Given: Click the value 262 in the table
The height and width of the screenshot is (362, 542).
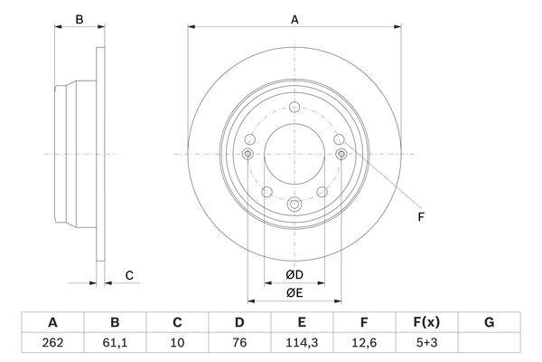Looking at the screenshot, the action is click(52, 343).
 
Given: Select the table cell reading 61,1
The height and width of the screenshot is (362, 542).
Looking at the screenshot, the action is click(115, 343).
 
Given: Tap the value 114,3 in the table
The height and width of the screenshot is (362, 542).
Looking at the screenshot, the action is click(302, 343).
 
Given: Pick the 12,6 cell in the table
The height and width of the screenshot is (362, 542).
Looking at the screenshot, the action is click(364, 343).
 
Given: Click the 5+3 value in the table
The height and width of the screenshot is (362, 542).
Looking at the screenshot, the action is click(426, 343).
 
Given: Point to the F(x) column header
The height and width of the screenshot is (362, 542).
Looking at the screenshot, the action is click(426, 322).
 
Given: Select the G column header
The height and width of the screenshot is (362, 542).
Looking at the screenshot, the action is click(489, 322).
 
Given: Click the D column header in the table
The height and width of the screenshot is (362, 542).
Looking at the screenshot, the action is click(239, 322).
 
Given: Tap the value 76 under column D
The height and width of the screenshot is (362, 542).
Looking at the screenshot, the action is click(239, 343).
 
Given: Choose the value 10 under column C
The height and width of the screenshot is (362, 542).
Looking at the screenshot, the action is click(177, 343).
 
